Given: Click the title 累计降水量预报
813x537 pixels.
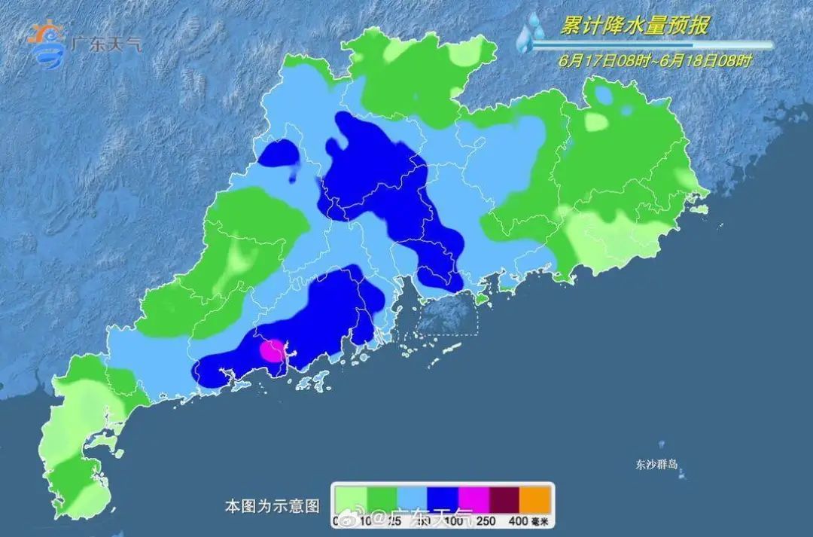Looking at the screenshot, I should (x=634, y=26).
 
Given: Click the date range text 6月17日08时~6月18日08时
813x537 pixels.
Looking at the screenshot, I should (x=655, y=60).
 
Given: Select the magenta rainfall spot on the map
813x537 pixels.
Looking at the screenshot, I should (x=272, y=350).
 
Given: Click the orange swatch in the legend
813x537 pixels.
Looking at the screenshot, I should (x=537, y=498).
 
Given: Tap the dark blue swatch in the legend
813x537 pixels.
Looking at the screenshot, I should (x=444, y=498).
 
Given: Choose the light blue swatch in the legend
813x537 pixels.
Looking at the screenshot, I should (x=413, y=498).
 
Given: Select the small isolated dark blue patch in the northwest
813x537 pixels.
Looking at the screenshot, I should (x=279, y=154).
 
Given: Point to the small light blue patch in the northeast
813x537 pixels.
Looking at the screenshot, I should (x=603, y=96).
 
